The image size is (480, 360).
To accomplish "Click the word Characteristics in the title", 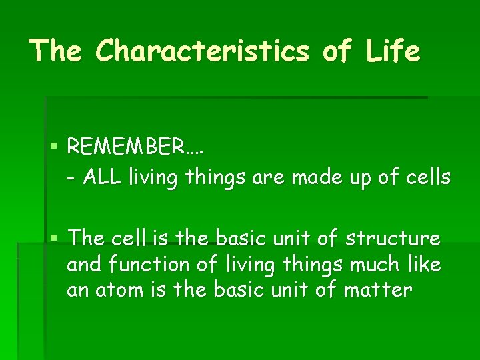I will coord(203,51).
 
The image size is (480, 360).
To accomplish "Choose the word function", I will coord(151,265).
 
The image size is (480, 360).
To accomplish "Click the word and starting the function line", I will coord(83,265).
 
